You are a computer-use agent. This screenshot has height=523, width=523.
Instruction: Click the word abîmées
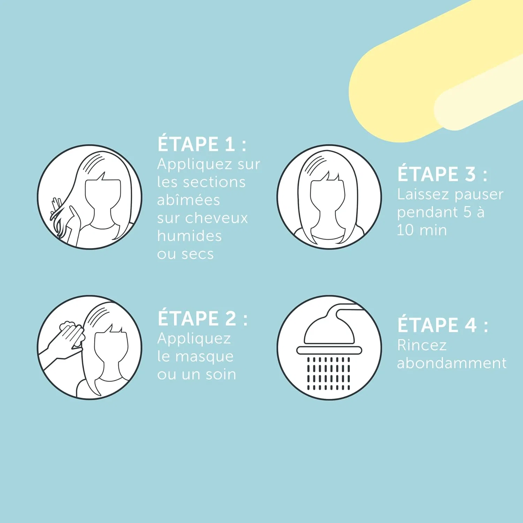click(x=188, y=200)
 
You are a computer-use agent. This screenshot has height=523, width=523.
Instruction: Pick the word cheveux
click(x=216, y=218)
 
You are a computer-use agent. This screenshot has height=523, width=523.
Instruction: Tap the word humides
click(x=189, y=236)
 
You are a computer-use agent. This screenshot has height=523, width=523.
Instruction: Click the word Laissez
click(x=423, y=194)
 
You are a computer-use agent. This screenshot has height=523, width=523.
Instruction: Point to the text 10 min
click(x=422, y=230)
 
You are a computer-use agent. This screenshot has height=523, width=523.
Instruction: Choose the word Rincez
click(x=422, y=345)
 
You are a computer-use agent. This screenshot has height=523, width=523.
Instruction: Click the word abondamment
click(x=452, y=363)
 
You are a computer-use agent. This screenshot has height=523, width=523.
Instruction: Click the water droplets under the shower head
click(x=328, y=373)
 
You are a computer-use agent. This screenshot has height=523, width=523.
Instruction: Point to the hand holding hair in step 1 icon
click(x=65, y=220)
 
